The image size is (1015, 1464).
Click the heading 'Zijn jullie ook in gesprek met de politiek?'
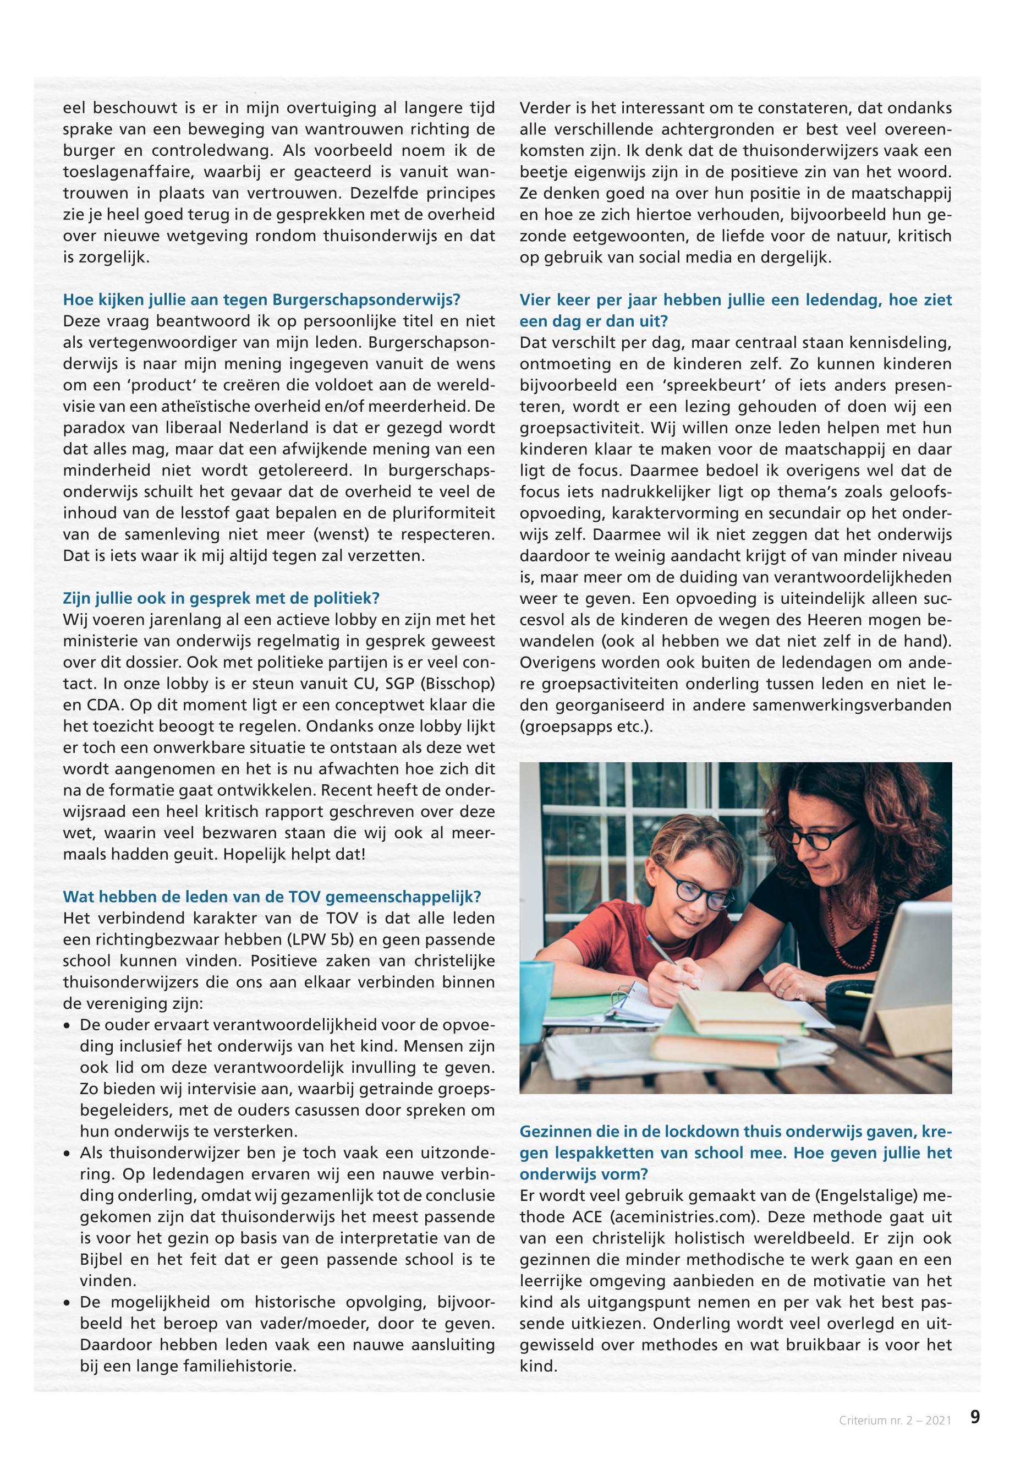(221, 599)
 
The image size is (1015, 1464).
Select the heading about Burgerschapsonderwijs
(261, 299)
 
